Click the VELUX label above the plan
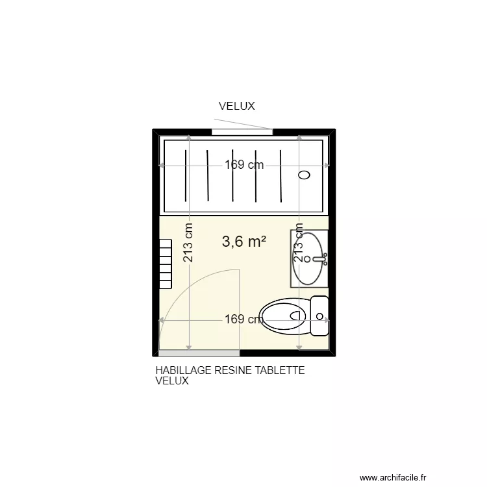(x=236, y=106)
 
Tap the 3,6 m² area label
(x=245, y=242)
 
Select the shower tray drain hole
(x=305, y=175)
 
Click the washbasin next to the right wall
(x=309, y=258)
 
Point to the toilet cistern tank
(x=319, y=316)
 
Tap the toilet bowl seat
(x=283, y=316)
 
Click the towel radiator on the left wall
(x=165, y=263)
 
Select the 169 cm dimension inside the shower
(x=244, y=165)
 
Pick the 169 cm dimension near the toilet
(x=243, y=319)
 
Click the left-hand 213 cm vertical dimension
(x=188, y=243)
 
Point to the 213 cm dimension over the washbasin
(x=299, y=243)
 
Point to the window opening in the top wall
(x=242, y=132)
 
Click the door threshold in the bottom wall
(x=199, y=353)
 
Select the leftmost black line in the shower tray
(x=186, y=175)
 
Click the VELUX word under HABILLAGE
(x=172, y=381)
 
